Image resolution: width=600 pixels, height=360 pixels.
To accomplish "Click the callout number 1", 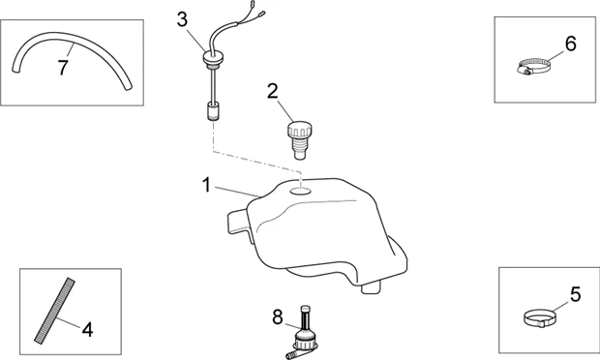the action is [207, 185].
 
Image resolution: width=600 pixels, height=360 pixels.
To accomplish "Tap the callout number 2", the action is [273, 92].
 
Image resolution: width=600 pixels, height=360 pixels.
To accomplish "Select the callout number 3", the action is [183, 19].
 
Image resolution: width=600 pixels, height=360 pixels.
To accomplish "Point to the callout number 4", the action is [88, 330].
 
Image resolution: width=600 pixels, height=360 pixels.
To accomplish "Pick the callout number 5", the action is [576, 294].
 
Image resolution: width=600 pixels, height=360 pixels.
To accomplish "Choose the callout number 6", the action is [571, 44].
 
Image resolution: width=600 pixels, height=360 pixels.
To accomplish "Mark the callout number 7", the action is [63, 68].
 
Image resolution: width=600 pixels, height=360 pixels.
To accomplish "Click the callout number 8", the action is [278, 317].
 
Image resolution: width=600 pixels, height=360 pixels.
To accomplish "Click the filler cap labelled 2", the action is [299, 140].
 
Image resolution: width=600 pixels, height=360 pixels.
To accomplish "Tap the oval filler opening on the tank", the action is [301, 190].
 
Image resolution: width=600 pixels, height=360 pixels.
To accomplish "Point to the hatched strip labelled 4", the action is [54, 311].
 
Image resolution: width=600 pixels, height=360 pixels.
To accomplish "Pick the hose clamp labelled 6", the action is [532, 66].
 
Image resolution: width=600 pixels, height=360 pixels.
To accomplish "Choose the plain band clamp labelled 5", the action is [539, 317].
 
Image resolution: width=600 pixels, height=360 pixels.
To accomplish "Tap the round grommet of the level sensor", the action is [211, 59].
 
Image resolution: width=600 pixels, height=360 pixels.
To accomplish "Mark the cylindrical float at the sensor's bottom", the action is [212, 111].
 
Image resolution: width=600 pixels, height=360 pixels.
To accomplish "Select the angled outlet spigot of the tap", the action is [291, 352].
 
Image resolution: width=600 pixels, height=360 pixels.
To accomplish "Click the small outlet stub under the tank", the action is [371, 286].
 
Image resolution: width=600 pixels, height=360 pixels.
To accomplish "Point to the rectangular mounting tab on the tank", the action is [237, 222].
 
